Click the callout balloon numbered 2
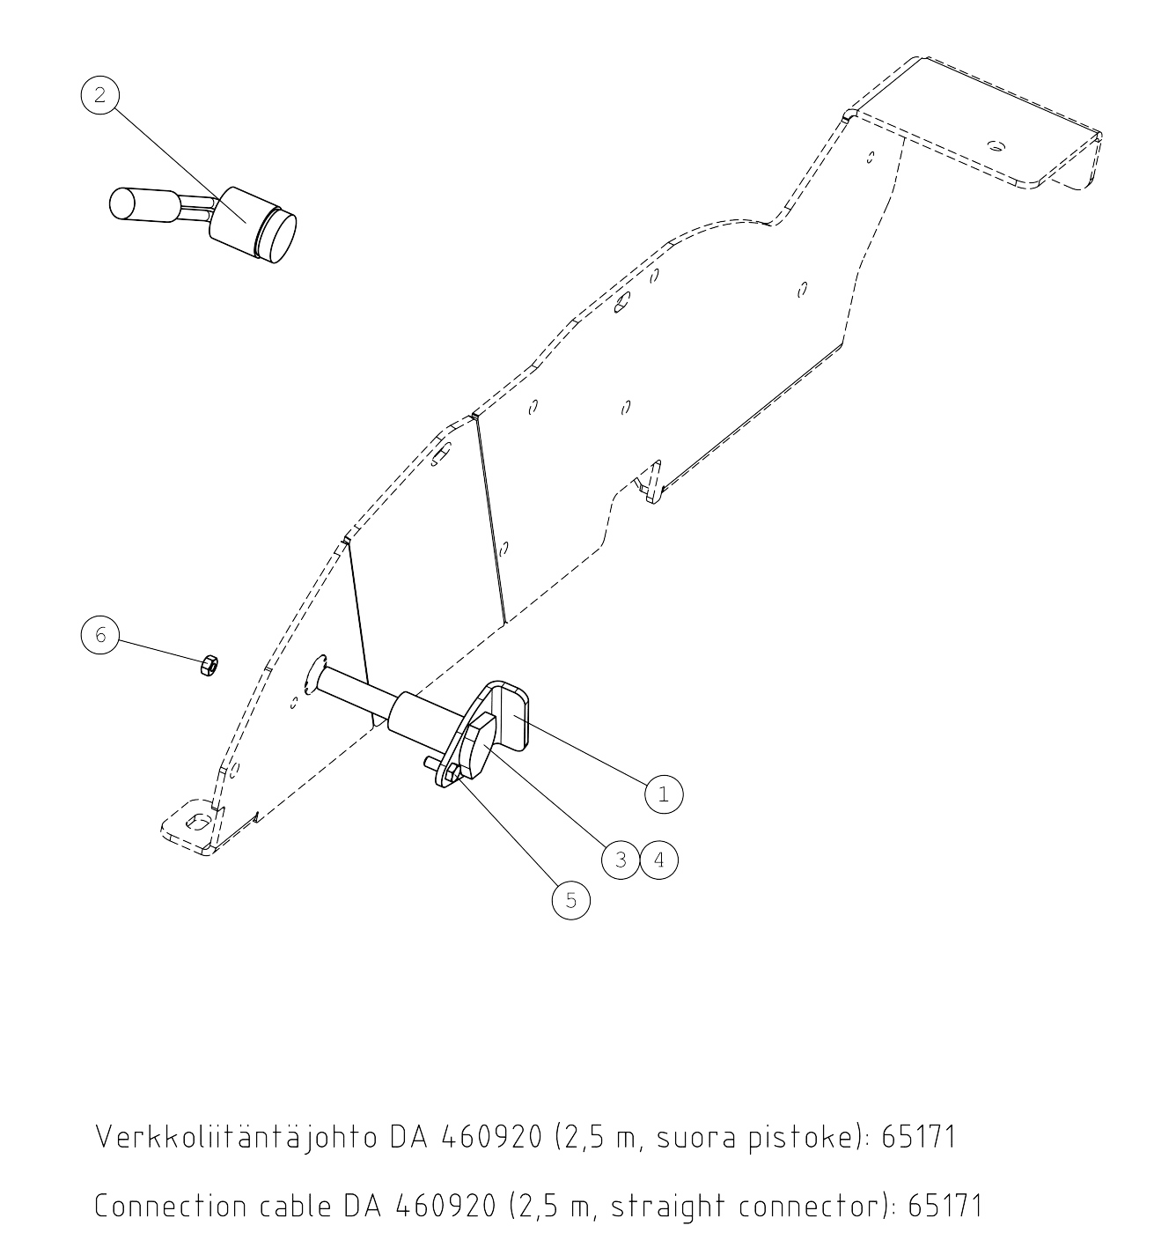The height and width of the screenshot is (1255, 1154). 100,95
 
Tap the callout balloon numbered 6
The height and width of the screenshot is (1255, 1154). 100,635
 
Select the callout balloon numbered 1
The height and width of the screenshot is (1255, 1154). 664,794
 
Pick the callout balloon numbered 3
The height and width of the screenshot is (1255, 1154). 621,860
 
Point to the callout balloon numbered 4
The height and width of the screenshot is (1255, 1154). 659,860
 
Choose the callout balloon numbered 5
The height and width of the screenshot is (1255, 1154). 571,900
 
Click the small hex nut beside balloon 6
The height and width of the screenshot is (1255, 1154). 209,664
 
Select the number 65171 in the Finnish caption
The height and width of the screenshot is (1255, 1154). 919,1102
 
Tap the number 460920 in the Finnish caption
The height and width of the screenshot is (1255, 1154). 492,1102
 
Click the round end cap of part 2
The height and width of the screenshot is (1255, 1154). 277,238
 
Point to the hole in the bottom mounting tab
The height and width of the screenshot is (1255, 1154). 198,822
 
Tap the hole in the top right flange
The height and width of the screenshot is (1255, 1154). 995,146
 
